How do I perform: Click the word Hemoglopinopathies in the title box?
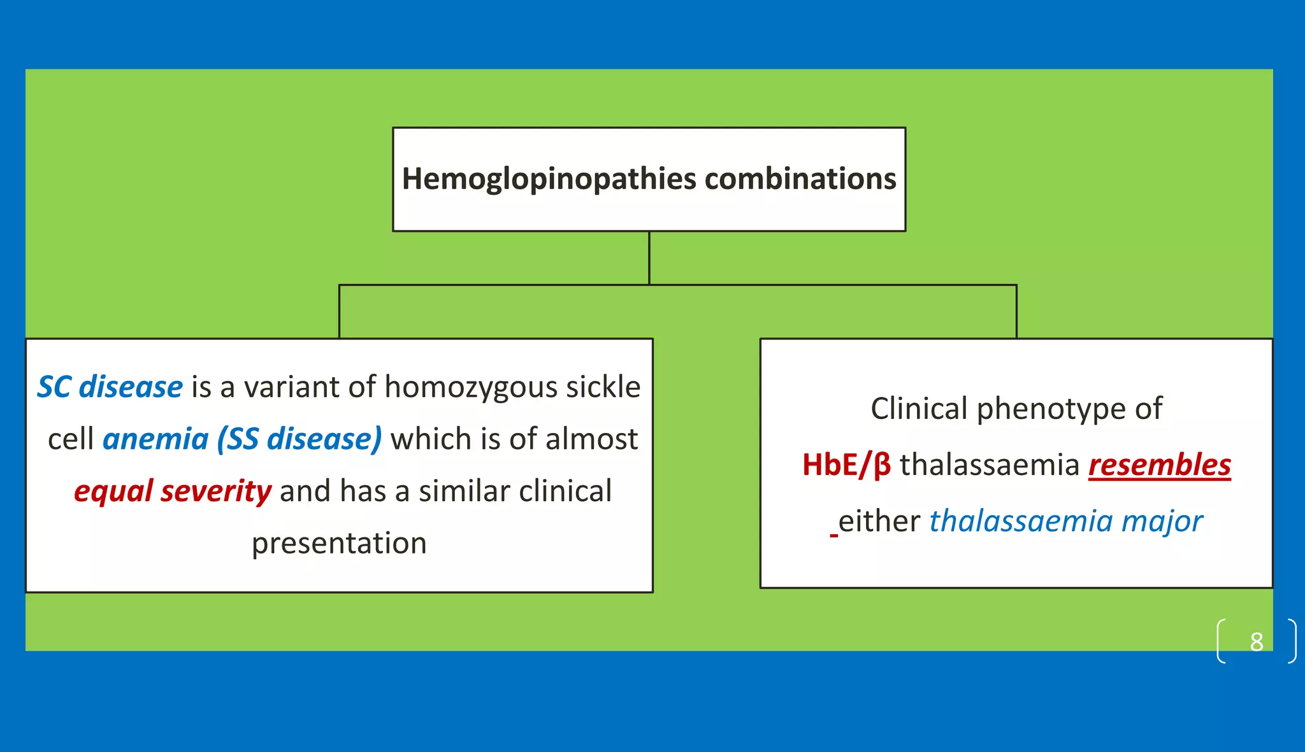[x=549, y=179]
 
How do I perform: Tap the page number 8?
[x=1256, y=641]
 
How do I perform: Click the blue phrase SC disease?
[x=110, y=387]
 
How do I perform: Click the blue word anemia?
[x=155, y=439]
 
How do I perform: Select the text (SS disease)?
[x=299, y=439]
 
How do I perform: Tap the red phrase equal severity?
[x=173, y=492]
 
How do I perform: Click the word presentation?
[x=339, y=543]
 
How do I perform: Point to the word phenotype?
[x=1051, y=409]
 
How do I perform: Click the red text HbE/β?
[x=846, y=465]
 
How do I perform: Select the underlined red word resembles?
[x=1159, y=465]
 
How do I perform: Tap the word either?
[x=879, y=521]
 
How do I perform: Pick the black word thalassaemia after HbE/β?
[x=989, y=465]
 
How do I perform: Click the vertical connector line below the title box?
[x=649, y=257]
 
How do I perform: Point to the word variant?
[x=295, y=387]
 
